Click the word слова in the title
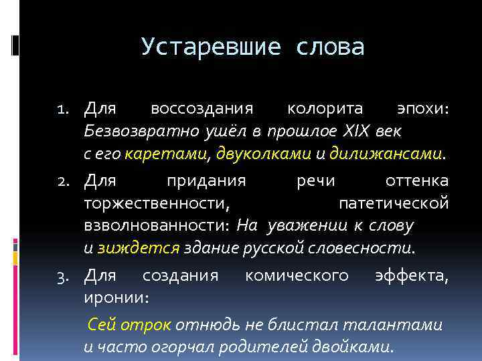329,47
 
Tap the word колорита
325,108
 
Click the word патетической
394,203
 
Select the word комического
297,275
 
